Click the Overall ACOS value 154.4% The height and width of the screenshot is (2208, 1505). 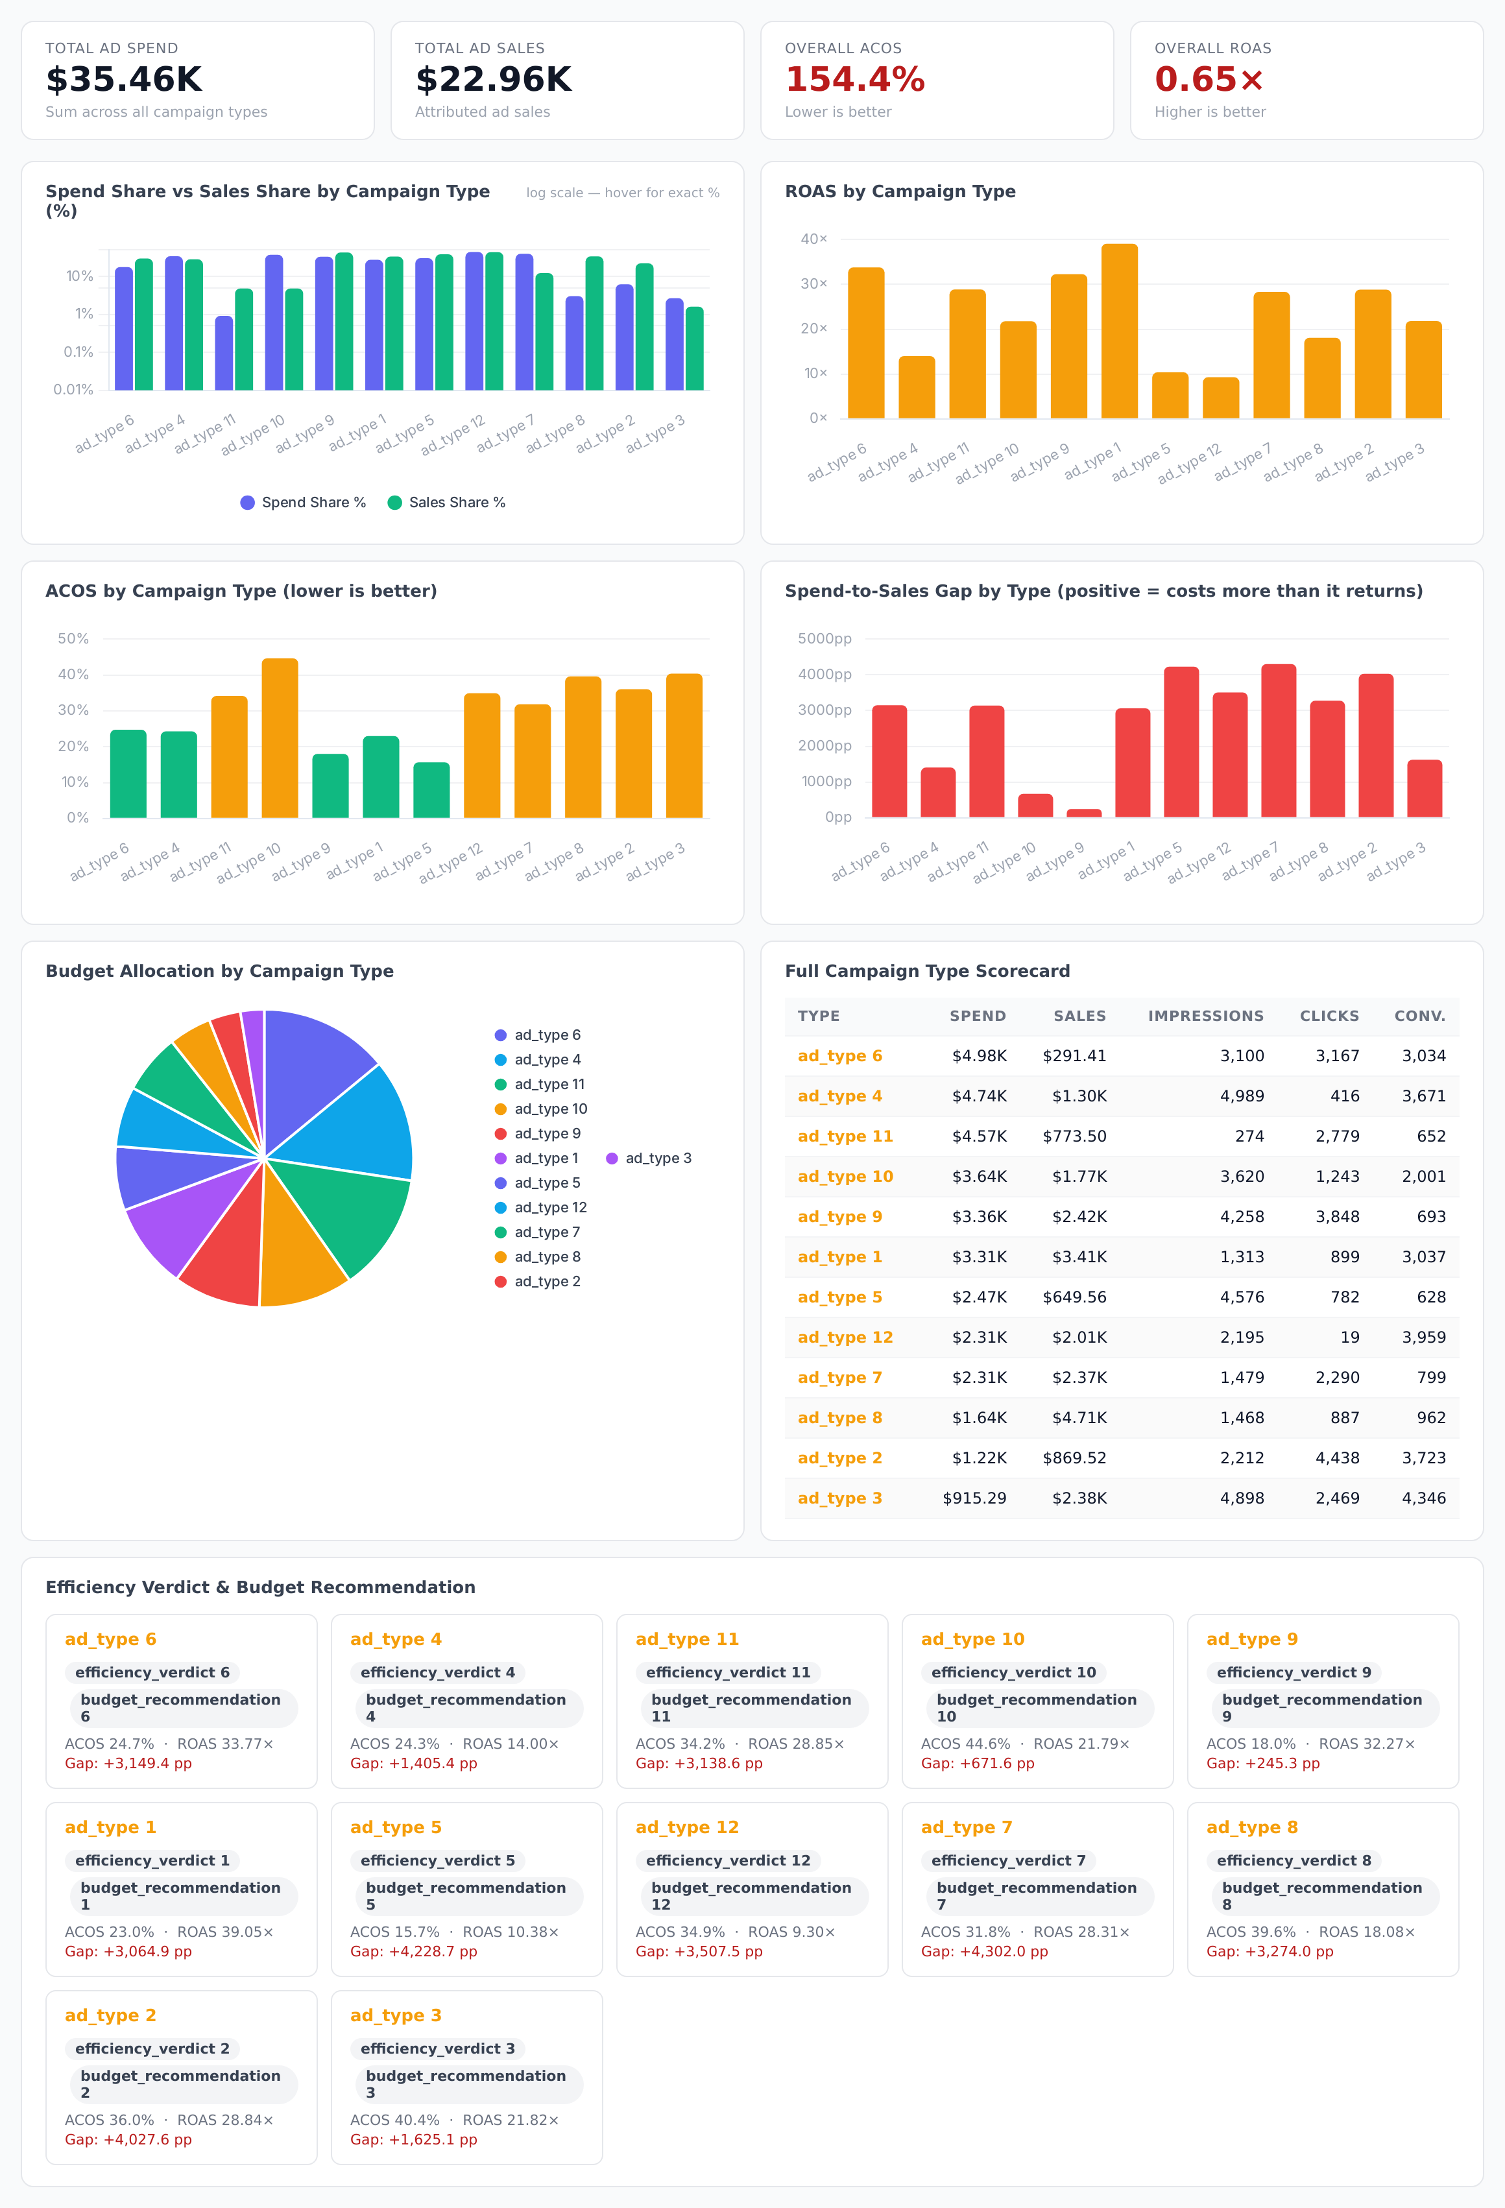coord(854,80)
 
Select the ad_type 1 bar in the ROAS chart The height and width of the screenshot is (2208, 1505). coord(1119,331)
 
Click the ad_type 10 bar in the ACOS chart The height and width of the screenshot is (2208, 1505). coord(280,738)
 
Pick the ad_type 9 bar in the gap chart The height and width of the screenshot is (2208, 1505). coord(1083,812)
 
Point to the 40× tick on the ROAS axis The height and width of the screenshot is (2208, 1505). coord(813,239)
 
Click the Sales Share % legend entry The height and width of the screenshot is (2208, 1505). coord(446,503)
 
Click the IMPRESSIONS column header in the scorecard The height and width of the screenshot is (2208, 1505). coord(1206,1016)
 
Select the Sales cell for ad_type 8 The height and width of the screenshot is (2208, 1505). coord(1079,1417)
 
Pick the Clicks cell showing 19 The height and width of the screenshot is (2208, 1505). coord(1349,1337)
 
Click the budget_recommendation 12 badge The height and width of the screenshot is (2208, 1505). coord(752,1895)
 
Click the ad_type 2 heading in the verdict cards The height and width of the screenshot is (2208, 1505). coord(110,2015)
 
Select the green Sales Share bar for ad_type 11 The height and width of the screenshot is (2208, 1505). coord(244,339)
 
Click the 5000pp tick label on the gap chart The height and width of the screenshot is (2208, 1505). coord(825,638)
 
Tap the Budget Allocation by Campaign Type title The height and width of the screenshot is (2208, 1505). coord(219,971)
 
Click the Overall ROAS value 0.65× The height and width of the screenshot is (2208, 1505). coord(1209,80)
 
